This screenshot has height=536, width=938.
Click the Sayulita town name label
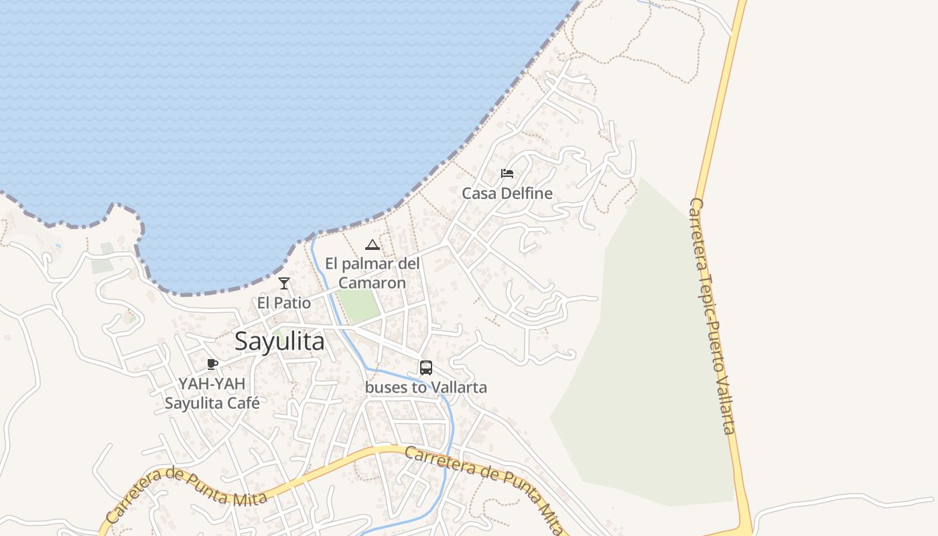pyautogui.click(x=279, y=342)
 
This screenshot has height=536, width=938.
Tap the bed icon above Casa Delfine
pyautogui.click(x=507, y=174)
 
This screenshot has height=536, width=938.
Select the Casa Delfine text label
pyautogui.click(x=507, y=194)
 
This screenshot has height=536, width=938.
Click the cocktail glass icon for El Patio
pyautogui.click(x=284, y=283)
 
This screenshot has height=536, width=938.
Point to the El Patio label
pyautogui.click(x=284, y=303)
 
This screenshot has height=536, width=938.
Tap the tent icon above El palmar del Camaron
pyautogui.click(x=373, y=245)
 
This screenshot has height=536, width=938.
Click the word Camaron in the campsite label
pyautogui.click(x=373, y=283)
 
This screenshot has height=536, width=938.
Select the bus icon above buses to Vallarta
pyautogui.click(x=426, y=368)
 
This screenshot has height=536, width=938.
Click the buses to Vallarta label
pyautogui.click(x=426, y=387)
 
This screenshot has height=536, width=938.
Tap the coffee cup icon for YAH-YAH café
pyautogui.click(x=212, y=364)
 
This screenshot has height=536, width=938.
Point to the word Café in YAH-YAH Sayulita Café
pyautogui.click(x=244, y=403)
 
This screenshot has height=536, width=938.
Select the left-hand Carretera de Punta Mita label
pyautogui.click(x=186, y=494)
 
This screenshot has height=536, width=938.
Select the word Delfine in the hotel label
pyautogui.click(x=527, y=194)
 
